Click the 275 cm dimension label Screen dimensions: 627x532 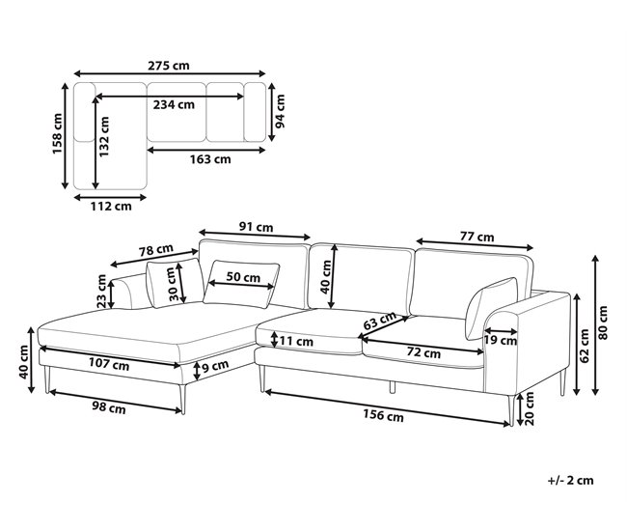169,66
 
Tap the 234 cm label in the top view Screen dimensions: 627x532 174,104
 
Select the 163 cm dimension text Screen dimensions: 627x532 210,159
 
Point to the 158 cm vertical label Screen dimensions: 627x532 57,133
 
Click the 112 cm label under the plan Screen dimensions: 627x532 111,207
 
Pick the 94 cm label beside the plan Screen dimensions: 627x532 281,111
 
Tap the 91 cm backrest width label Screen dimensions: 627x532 256,227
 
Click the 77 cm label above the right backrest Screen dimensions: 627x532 477,237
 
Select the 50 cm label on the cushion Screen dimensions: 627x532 243,277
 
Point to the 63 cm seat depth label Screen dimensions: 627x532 379,321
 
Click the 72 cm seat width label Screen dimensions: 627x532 423,353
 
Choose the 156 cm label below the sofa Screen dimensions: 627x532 383,415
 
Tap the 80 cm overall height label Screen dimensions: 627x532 604,323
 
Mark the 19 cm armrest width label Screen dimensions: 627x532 501,341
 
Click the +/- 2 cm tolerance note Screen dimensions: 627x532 571,481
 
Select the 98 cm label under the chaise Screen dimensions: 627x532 109,407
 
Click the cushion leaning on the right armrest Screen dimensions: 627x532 490,307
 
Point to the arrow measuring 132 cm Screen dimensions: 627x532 95,143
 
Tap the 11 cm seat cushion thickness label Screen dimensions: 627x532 296,342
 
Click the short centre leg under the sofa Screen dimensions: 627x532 393,387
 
